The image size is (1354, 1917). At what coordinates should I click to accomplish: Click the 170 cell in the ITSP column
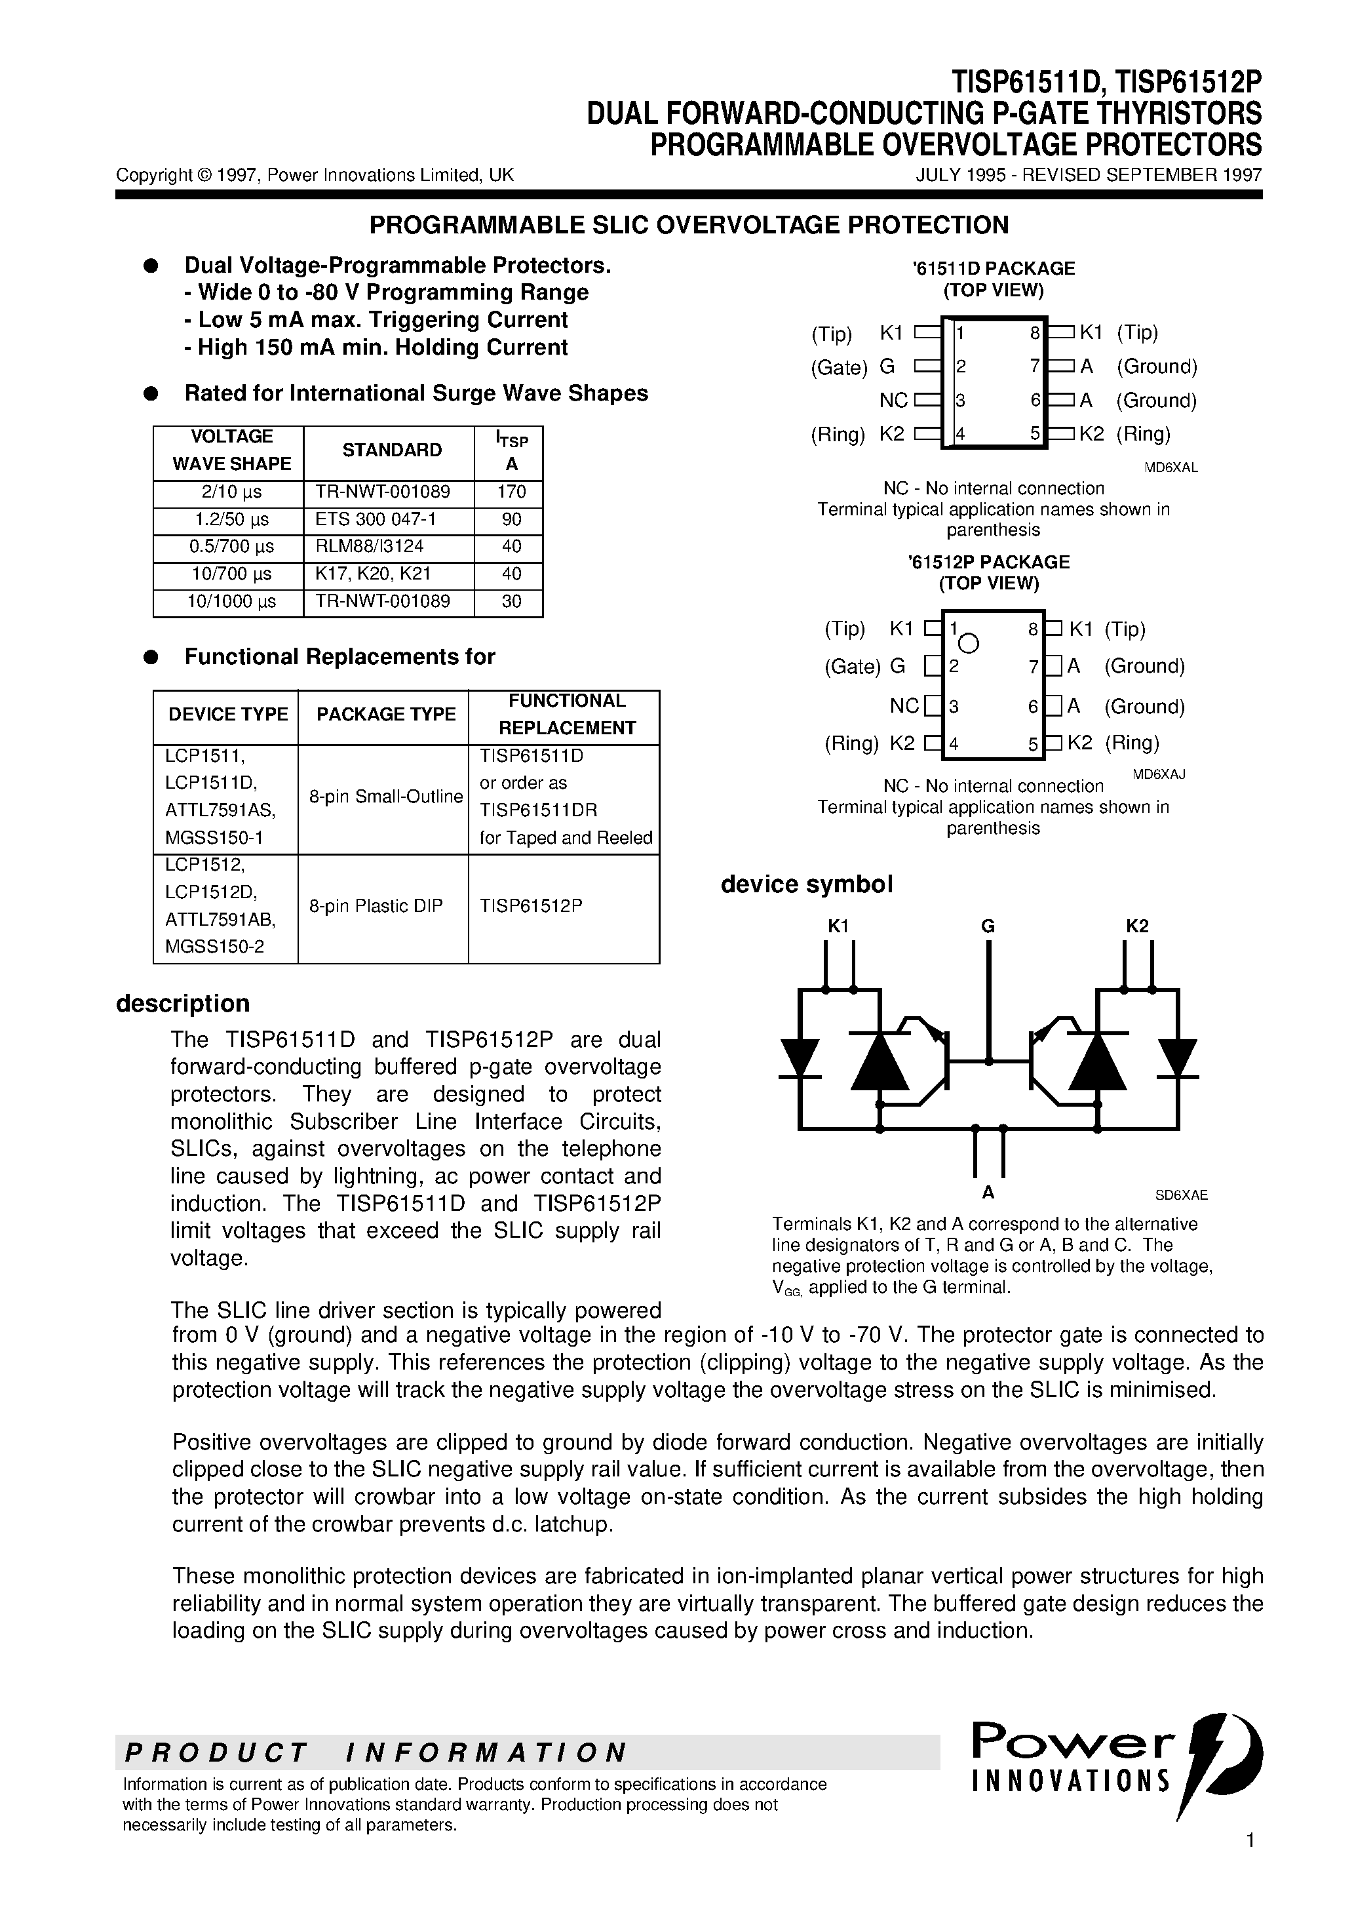(511, 492)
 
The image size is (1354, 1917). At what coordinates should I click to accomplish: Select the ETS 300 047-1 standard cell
(376, 519)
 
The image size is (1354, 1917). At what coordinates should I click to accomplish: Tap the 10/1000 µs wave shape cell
(229, 601)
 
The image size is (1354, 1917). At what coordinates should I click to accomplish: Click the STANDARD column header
(391, 450)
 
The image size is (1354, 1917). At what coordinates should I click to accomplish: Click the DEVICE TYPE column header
(228, 715)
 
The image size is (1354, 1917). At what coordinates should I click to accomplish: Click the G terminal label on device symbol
(988, 926)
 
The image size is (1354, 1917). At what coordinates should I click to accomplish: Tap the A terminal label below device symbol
(988, 1193)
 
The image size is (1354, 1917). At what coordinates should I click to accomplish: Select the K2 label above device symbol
(1137, 926)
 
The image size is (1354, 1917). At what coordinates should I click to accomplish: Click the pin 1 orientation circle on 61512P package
(969, 644)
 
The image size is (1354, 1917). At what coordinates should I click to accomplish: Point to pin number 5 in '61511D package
(1034, 434)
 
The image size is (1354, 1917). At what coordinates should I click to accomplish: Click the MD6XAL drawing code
(1170, 467)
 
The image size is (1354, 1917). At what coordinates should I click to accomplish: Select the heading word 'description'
(183, 1004)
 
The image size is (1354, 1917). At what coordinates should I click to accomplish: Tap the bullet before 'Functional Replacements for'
(151, 657)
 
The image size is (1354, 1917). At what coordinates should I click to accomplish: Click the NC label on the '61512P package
(903, 706)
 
